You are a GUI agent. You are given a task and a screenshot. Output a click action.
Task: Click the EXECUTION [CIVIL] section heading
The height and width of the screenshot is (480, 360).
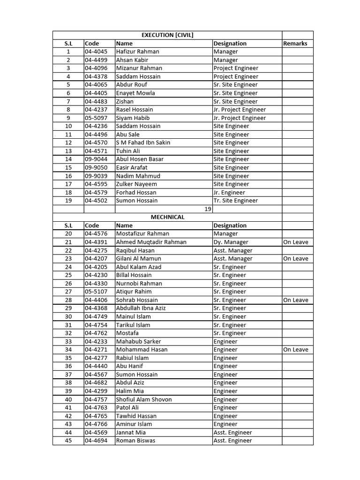pos(167,35)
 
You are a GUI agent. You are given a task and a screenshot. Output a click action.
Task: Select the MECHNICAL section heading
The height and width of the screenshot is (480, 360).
pos(167,217)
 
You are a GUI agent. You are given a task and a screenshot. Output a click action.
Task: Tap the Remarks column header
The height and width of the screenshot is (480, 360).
pos(295,44)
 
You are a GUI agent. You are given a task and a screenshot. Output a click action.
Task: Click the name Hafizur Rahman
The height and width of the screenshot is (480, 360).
pos(137,52)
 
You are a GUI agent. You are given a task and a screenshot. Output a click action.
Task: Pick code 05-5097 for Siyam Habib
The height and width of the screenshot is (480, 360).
pos(96,118)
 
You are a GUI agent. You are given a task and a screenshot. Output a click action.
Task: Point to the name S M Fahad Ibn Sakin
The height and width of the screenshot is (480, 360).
pos(143,142)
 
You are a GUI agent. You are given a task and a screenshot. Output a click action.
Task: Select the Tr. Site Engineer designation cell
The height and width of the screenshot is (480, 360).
pos(235,201)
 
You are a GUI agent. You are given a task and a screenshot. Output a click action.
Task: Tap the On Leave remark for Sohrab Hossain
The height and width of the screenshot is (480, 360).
pos(296,300)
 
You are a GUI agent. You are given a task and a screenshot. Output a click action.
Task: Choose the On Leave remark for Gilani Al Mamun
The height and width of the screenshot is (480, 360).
pos(296,259)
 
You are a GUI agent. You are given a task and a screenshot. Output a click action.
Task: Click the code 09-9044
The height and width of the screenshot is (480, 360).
pos(96,159)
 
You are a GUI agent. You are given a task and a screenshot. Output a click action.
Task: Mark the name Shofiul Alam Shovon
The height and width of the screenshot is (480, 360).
pos(144,399)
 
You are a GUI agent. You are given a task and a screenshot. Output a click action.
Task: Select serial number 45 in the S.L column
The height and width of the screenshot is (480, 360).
pos(68,441)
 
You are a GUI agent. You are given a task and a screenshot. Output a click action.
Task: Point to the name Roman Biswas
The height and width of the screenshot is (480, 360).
pos(135,441)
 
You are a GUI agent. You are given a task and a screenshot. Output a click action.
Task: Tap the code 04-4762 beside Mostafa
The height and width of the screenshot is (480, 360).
pos(96,333)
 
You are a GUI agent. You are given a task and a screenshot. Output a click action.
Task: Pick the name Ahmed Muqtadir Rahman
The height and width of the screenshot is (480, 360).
pos(151,242)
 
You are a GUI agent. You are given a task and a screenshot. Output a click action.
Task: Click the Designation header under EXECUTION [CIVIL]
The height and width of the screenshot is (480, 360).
pos(230,44)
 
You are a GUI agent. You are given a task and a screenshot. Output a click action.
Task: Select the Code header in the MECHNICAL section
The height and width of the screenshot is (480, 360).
pos(92,225)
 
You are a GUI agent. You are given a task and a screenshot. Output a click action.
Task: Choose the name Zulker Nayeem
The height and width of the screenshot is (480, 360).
pos(136,184)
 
